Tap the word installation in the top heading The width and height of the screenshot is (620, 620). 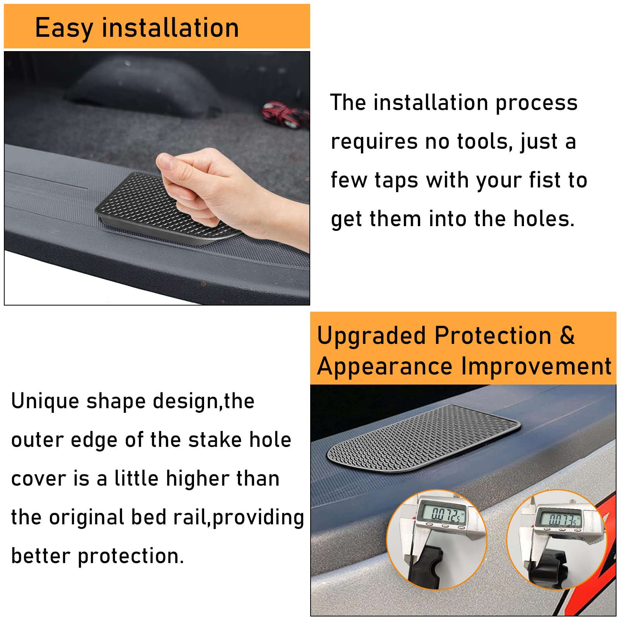170,28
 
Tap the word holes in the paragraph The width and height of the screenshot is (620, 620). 543,219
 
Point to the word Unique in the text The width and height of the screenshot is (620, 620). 45,401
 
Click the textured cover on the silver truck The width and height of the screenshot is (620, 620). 424,438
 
